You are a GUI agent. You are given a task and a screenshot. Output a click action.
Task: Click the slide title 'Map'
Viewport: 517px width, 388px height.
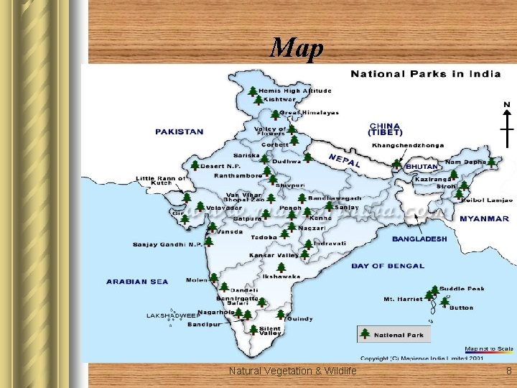point(297,48)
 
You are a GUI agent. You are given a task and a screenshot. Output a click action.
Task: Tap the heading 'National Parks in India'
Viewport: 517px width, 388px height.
point(425,74)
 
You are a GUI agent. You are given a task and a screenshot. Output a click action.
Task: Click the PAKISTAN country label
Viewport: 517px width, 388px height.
point(179,132)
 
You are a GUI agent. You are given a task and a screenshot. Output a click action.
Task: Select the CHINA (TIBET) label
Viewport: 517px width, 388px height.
point(384,129)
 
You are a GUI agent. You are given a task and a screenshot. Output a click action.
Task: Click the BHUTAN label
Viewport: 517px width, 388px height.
point(421,167)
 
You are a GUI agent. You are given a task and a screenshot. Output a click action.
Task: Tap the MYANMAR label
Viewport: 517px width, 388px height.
point(484,218)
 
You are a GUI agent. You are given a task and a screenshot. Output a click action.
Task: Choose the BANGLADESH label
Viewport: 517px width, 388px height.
point(419,239)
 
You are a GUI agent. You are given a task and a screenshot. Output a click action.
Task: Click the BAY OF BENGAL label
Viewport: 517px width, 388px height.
point(388,266)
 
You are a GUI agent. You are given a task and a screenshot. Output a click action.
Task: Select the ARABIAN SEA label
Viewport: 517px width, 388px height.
point(137,282)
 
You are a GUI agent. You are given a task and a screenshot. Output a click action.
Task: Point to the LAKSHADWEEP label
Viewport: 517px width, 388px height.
point(173,315)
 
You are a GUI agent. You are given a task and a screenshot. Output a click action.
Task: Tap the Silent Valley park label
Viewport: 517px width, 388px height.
point(271,331)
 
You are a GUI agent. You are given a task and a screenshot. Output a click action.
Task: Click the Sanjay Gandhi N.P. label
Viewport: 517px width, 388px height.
point(167,244)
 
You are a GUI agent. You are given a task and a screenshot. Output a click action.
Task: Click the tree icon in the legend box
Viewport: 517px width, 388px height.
point(365,334)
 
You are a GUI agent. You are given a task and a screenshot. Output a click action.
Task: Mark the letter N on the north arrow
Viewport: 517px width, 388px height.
point(506,105)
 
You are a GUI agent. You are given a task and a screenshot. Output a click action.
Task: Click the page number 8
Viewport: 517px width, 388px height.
point(508,371)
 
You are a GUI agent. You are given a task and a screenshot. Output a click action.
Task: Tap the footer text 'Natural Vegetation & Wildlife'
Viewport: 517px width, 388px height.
point(292,371)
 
